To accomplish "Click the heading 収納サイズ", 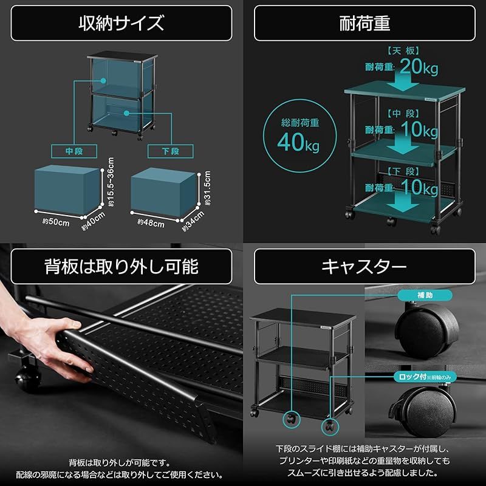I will point(121,23).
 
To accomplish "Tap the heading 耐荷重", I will point(364,23).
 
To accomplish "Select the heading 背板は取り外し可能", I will point(121,265).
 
